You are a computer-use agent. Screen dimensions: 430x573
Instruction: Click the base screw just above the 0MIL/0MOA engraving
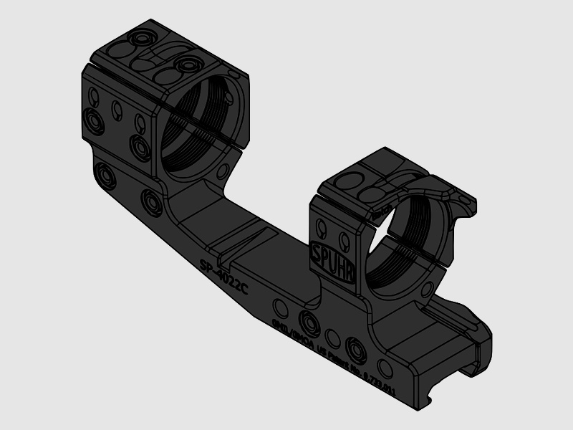pos(309,321)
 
